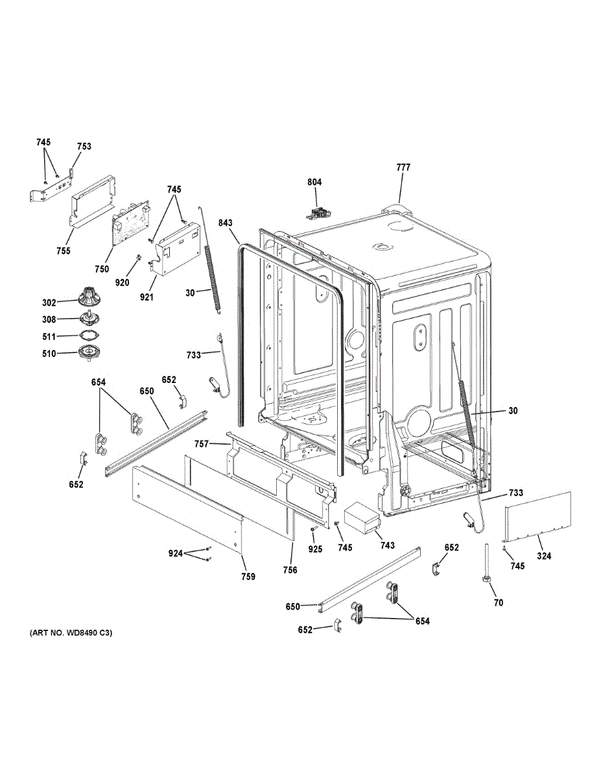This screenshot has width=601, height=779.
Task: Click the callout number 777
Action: pyautogui.click(x=403, y=167)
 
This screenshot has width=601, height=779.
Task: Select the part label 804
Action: pyautogui.click(x=314, y=182)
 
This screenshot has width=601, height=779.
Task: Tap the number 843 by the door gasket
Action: pyautogui.click(x=225, y=223)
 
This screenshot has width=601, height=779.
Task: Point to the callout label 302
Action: pyautogui.click(x=49, y=302)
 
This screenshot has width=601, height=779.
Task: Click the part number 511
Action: pyautogui.click(x=49, y=336)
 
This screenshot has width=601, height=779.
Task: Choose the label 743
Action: pyautogui.click(x=387, y=546)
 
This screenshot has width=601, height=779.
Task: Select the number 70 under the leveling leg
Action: pyautogui.click(x=498, y=602)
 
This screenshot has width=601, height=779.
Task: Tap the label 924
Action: pyautogui.click(x=175, y=554)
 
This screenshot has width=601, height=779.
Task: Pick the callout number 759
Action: pyautogui.click(x=248, y=576)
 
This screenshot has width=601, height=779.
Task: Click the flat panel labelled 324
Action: pyautogui.click(x=538, y=515)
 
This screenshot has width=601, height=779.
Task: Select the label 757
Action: pyautogui.click(x=202, y=443)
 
